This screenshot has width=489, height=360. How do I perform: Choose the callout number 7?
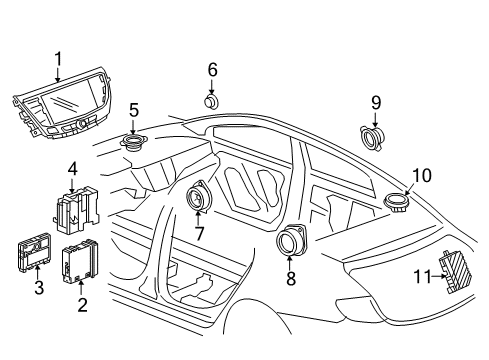coord(198,233)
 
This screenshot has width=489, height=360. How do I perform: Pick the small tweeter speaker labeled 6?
coord(212,100)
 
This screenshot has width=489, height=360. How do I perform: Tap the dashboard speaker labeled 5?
coord(132,142)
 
